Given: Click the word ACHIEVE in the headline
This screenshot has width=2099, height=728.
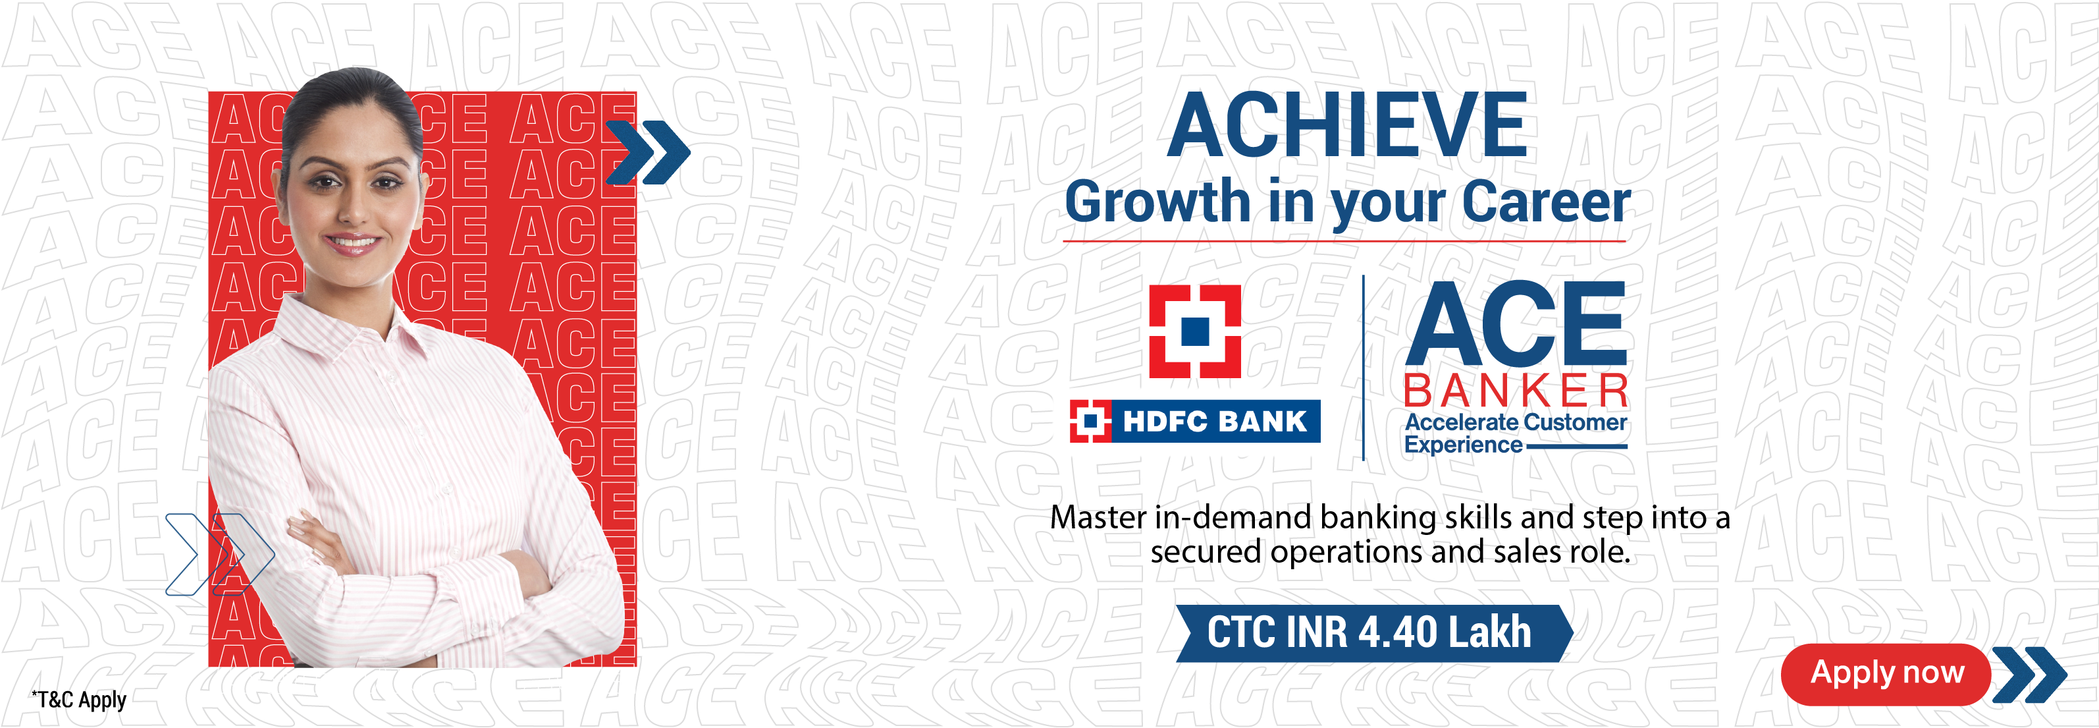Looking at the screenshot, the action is click(x=1347, y=124).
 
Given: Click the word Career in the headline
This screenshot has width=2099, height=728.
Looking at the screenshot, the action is click(x=1547, y=202).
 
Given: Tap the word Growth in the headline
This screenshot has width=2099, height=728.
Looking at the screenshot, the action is click(x=1157, y=202).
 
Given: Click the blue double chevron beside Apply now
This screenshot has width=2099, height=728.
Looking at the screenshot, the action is click(x=2029, y=674).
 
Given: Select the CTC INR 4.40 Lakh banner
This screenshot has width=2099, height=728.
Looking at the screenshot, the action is click(x=1374, y=632).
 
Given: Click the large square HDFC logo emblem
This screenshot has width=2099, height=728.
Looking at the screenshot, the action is click(x=1194, y=331).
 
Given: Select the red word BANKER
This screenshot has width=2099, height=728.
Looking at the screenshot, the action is click(x=1516, y=391).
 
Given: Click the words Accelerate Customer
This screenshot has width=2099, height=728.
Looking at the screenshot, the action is click(x=1516, y=422).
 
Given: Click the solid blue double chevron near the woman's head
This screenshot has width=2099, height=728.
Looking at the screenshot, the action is click(x=649, y=152).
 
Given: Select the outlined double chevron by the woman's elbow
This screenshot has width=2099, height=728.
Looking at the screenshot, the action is click(x=220, y=554).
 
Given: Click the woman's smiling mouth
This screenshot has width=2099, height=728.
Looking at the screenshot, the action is click(x=352, y=242).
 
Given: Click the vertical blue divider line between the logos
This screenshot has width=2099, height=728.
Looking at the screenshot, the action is click(x=1363, y=368).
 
